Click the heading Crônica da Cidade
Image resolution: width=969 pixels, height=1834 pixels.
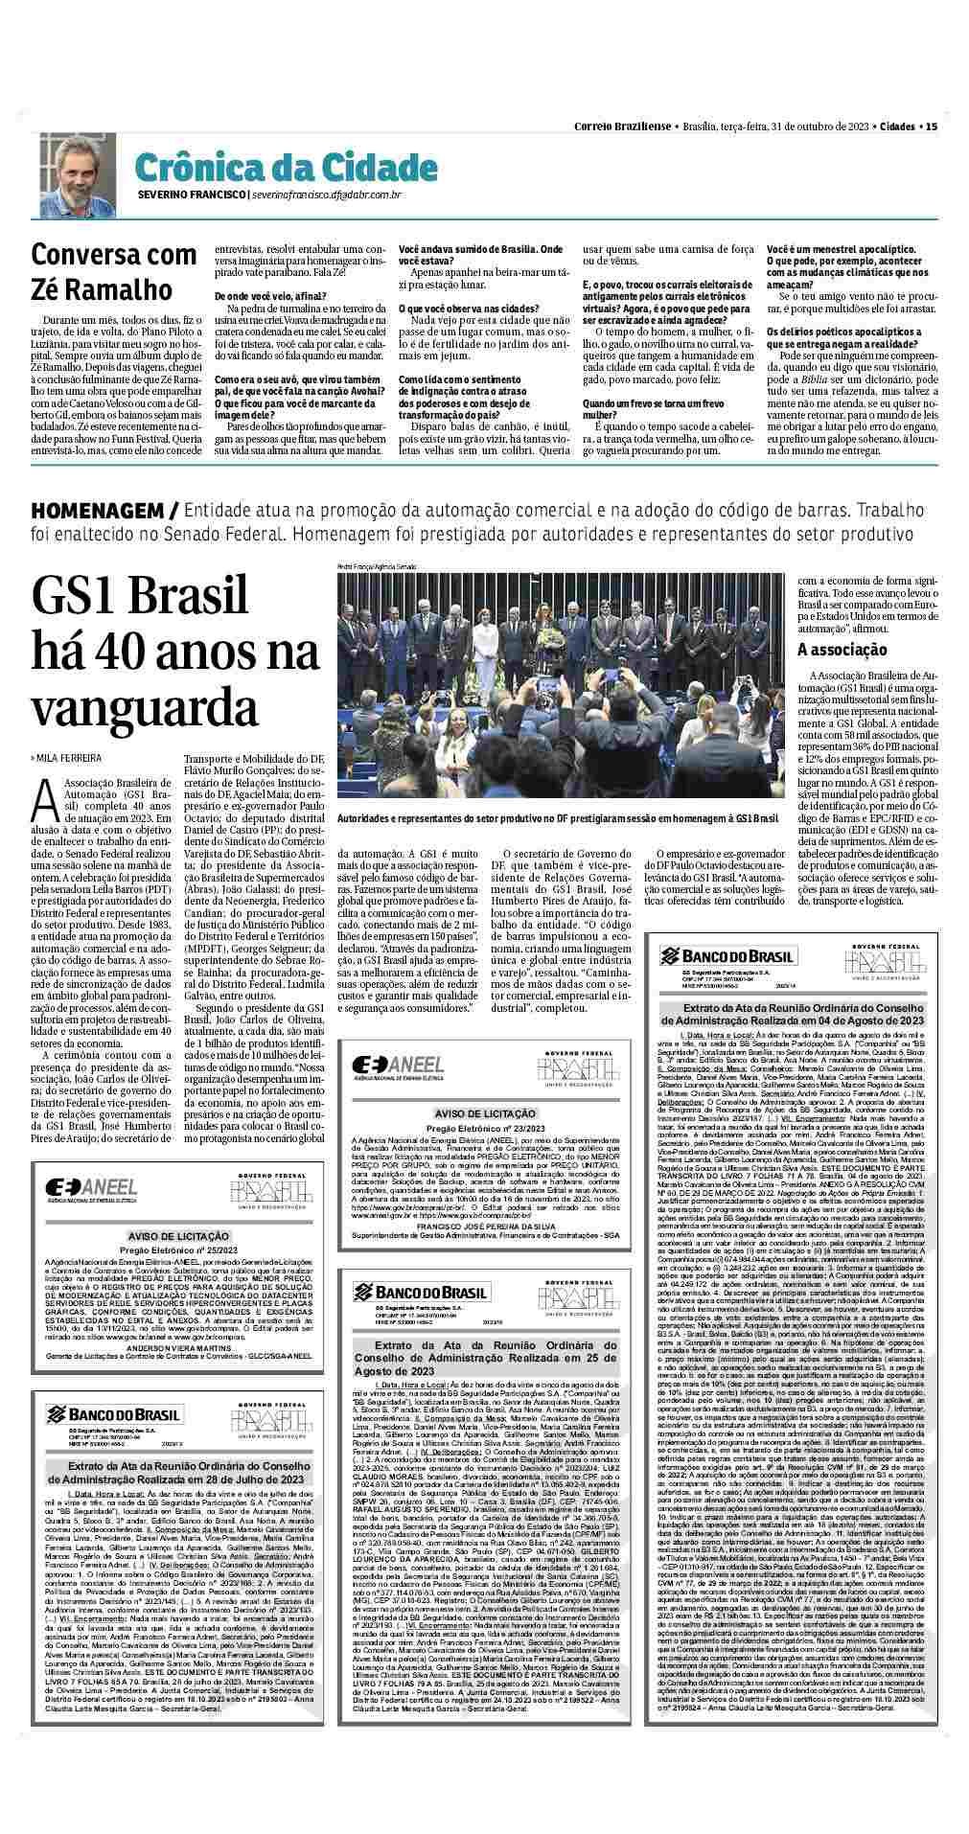[285, 167]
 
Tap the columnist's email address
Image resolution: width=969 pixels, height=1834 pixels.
[326, 195]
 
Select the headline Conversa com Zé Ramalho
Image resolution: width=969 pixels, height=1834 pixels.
[101, 271]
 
